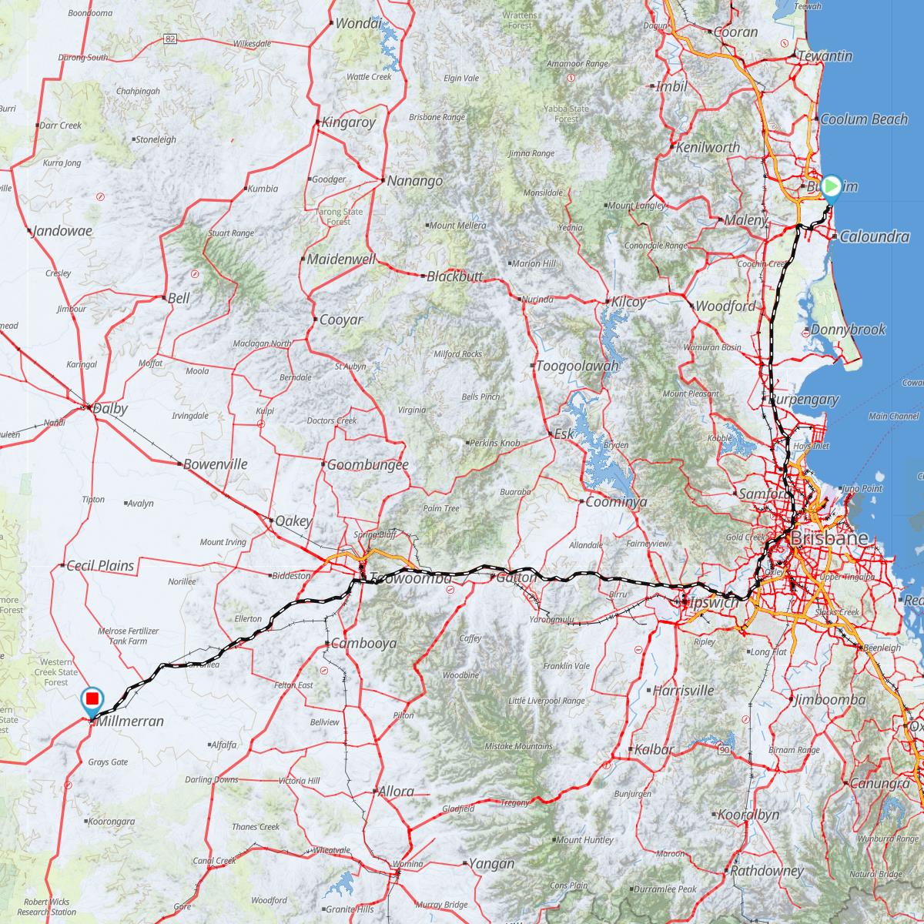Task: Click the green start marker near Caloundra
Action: [x=831, y=187]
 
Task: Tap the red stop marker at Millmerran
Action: [x=92, y=699]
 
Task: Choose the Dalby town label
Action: [x=110, y=409]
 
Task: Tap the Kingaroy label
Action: [x=349, y=122]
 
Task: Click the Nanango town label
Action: [x=415, y=181]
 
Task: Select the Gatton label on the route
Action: [x=515, y=577]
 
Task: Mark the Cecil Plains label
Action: [x=100, y=566]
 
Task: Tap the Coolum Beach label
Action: [x=864, y=119]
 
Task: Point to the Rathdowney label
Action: [x=767, y=872]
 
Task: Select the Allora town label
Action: [x=396, y=791]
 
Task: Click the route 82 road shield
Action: [x=170, y=38]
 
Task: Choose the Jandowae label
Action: [x=62, y=230]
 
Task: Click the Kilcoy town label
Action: [x=629, y=302]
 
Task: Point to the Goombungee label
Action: [x=367, y=465]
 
